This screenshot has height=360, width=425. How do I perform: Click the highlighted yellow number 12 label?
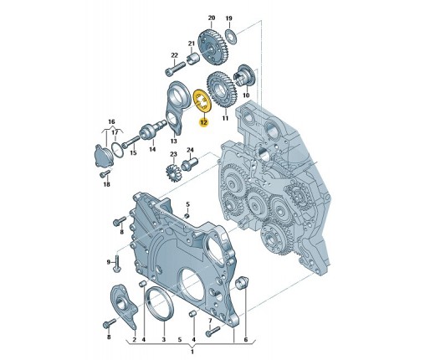tap(203, 122)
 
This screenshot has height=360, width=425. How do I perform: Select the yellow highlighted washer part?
tap(202, 102)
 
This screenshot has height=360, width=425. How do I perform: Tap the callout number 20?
tap(212, 18)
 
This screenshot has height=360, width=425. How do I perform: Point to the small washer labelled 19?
tap(231, 36)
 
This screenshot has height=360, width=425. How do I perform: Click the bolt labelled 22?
tap(175, 69)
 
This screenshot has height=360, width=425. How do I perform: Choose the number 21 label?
tap(191, 44)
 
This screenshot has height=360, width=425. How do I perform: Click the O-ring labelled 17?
tap(118, 150)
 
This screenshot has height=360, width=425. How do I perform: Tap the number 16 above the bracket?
tap(111, 122)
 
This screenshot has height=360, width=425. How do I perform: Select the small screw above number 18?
tap(105, 174)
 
